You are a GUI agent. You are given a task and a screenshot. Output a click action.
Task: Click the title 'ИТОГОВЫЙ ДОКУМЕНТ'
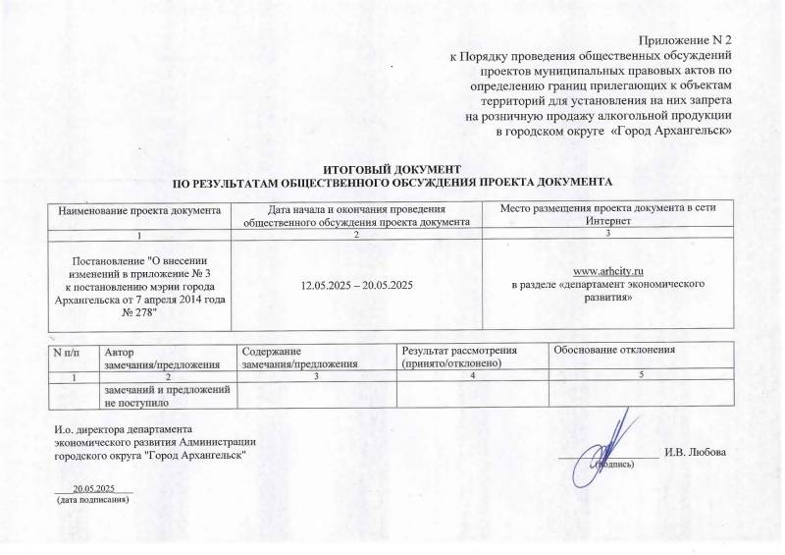[392, 171]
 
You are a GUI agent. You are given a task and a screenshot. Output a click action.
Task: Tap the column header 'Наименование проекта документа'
[139, 209]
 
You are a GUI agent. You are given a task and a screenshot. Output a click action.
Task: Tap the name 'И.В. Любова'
[696, 452]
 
